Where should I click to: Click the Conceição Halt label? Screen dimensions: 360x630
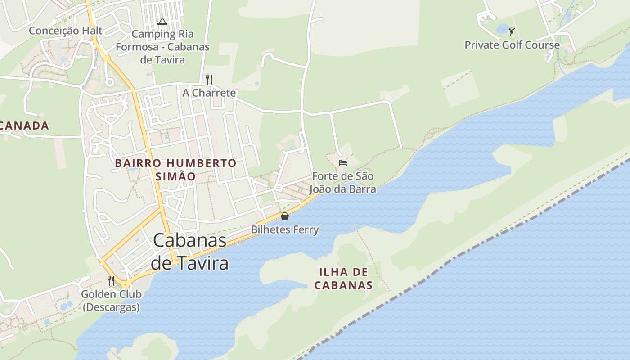click(x=66, y=31)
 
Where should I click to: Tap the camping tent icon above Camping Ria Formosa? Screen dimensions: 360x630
click(x=162, y=21)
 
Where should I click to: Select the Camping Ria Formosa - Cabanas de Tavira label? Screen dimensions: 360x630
click(x=162, y=47)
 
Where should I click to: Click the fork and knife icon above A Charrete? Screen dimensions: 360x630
click(x=209, y=80)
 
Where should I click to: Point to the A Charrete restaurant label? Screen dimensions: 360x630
click(x=209, y=93)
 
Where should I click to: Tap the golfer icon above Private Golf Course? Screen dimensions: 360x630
click(x=512, y=31)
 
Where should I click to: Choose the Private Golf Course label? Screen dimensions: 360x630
click(x=512, y=45)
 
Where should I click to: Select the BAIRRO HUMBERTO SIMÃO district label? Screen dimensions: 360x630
click(x=175, y=169)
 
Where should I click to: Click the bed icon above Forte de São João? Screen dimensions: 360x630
click(x=343, y=162)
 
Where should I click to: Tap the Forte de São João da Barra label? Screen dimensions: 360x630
click(x=343, y=183)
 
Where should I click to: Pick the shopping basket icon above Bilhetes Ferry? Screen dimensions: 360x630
click(x=285, y=216)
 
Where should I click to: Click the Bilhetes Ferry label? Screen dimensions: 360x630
click(x=285, y=230)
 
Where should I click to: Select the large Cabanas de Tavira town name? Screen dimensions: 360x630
click(x=189, y=252)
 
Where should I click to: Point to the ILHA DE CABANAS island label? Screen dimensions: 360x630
click(x=343, y=279)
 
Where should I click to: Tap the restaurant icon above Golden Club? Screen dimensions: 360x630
click(x=111, y=281)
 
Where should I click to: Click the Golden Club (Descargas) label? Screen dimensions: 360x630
click(x=111, y=301)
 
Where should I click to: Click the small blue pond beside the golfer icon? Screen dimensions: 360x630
click(x=502, y=29)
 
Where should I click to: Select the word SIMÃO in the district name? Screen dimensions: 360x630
click(x=175, y=176)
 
